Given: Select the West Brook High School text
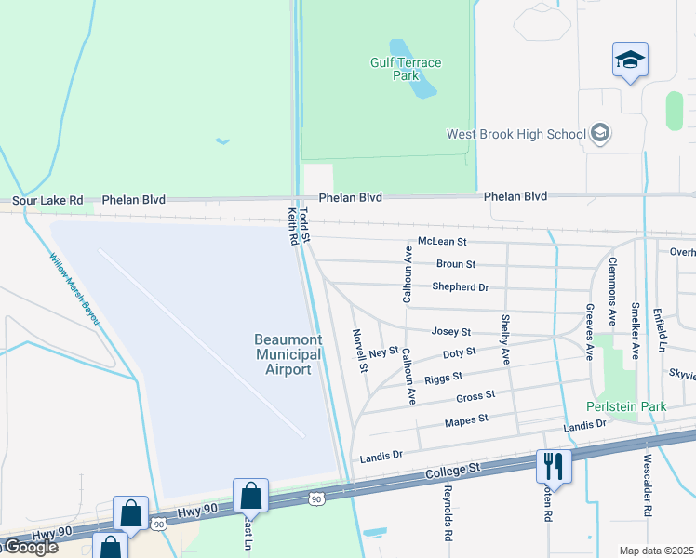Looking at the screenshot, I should [515, 134].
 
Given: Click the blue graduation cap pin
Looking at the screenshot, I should [630, 60].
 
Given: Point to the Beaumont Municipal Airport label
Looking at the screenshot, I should [288, 354].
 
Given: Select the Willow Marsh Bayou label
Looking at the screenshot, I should [74, 290].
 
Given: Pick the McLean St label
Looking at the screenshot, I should [441, 242].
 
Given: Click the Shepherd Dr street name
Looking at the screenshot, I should [460, 287].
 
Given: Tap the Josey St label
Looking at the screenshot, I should [451, 332].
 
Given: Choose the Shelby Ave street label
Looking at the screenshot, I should [505, 340].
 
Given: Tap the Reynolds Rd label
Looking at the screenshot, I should [447, 512].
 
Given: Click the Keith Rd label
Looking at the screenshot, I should [292, 227].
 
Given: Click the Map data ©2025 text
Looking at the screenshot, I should [656, 551].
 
